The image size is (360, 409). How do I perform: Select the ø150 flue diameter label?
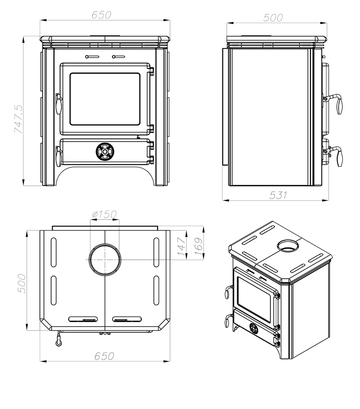pyautogui.click(x=104, y=215)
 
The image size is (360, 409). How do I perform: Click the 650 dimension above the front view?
pyautogui.click(x=101, y=15)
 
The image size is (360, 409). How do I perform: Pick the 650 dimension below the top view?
pyautogui.click(x=104, y=356)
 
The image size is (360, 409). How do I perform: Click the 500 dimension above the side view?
pyautogui.click(x=273, y=17)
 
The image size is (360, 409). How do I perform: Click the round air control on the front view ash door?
pyautogui.click(x=104, y=151)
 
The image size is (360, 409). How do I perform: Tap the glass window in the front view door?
pyautogui.click(x=104, y=99)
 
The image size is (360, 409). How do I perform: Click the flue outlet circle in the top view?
pyautogui.click(x=105, y=259)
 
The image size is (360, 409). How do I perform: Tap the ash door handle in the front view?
pyautogui.click(x=58, y=153)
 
